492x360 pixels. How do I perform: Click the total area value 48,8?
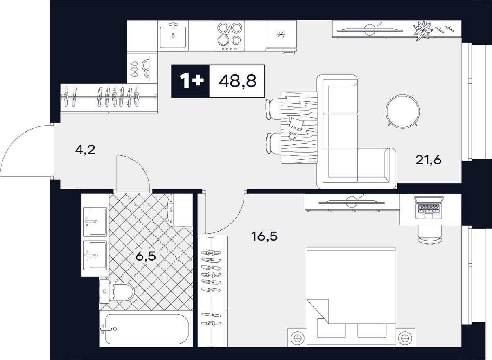coord(237,81)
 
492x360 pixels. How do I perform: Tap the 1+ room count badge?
coord(190,81)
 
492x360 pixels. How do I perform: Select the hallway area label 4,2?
coord(85,150)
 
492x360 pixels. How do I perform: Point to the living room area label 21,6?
coord(428,160)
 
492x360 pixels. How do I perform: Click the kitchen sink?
coord(173,36)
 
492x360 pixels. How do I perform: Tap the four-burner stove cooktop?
coord(229,35)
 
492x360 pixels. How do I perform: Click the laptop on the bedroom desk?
coord(429,207)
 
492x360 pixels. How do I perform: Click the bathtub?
coord(145,329)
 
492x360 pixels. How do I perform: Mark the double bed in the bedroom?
coord(351,292)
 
